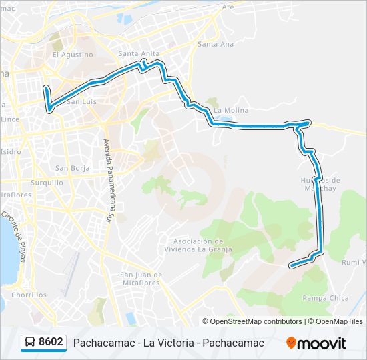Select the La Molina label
[x=231, y=111]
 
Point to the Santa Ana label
[x=216, y=44]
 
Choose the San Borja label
[x=72, y=168]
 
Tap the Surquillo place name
[x=47, y=182]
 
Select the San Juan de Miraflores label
[x=141, y=279]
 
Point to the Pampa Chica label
[x=325, y=298]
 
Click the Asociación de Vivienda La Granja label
[x=202, y=245]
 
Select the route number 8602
[x=51, y=342]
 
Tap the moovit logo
[x=316, y=343]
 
